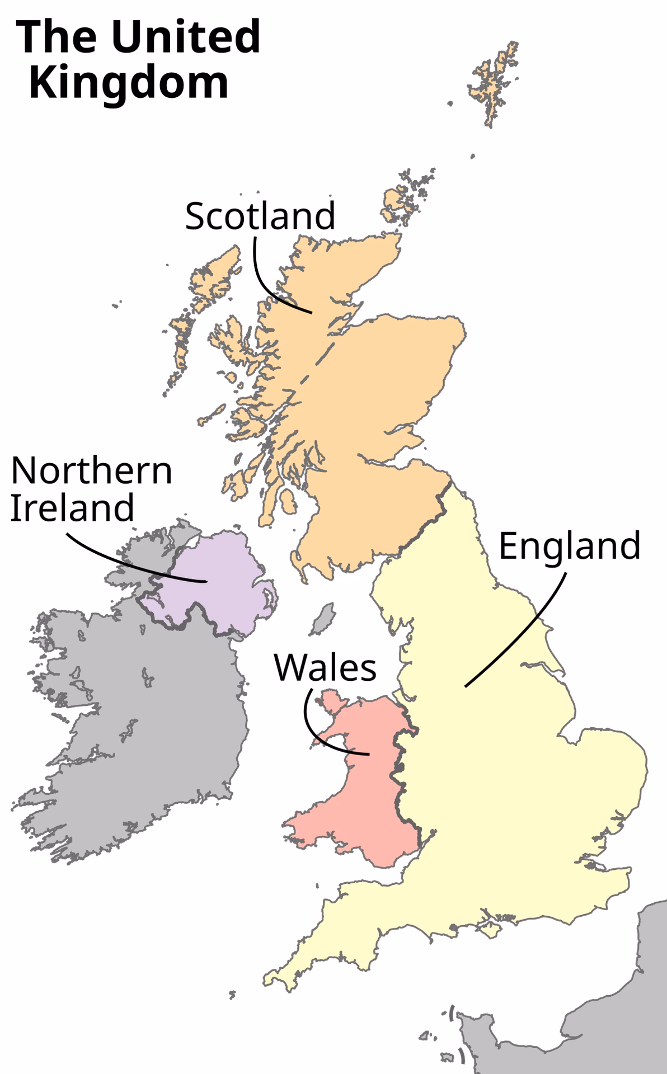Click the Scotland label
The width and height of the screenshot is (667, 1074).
tap(260, 216)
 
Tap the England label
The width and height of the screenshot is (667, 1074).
tap(569, 546)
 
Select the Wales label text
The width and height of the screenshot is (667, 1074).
tap(325, 667)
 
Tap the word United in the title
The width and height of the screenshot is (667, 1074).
tap(186, 37)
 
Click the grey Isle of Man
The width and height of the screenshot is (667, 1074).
tap(323, 619)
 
